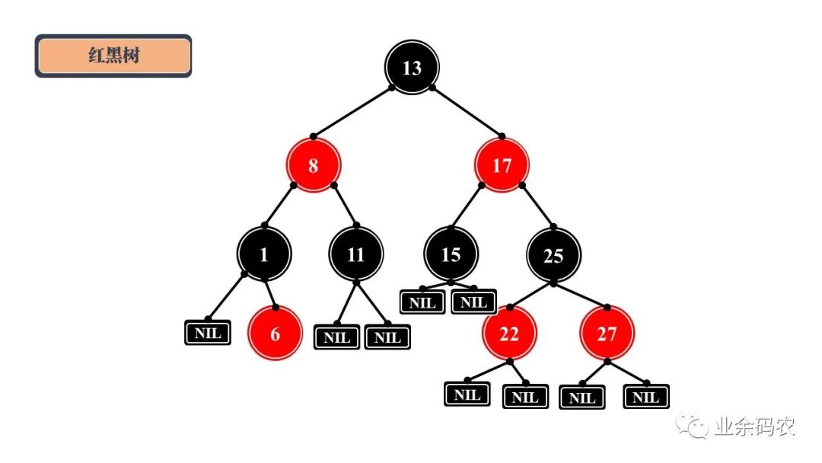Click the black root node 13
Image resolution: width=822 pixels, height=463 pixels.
412,67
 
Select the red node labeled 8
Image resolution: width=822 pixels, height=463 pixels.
313,165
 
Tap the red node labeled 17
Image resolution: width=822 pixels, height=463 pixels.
502,165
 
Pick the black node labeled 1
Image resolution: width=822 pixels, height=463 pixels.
263,254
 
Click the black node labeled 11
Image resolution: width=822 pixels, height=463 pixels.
356,254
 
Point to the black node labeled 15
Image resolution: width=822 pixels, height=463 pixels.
451,254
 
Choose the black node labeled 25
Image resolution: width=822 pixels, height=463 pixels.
553,255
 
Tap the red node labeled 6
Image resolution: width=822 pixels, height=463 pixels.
276,334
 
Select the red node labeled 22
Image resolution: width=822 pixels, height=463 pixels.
509,334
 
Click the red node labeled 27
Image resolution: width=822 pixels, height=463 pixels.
607,334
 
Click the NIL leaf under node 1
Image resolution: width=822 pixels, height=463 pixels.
208,333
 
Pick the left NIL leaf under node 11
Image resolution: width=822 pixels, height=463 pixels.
336,337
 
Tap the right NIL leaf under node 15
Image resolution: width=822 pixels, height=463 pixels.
474,302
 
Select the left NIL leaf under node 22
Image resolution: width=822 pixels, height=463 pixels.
467,394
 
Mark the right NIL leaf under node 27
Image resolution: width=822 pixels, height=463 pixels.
646,397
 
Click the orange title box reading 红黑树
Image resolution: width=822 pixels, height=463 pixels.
113,56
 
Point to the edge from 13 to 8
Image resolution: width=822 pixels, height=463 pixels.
352,112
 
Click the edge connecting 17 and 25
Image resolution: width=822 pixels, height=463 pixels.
538,206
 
